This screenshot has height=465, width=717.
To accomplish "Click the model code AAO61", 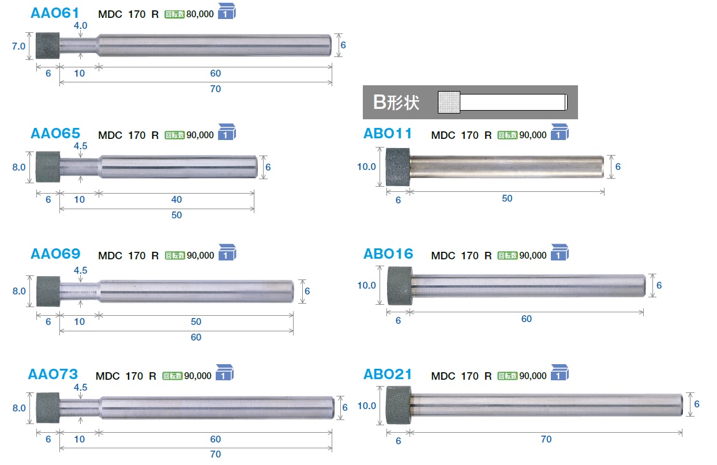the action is (x=55, y=13).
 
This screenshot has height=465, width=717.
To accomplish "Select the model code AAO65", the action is (x=55, y=133).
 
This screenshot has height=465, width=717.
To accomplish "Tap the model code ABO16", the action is (x=388, y=254).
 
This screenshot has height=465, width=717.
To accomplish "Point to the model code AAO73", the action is (x=53, y=374).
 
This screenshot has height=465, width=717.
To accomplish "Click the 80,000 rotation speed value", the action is (x=200, y=14).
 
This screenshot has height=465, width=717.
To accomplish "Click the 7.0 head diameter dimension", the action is (x=18, y=46).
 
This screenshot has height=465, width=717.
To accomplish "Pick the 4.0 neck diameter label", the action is (x=80, y=25).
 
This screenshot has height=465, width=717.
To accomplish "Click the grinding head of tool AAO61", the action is (x=48, y=46).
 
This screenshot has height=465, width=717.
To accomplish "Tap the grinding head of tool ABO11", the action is (x=398, y=167).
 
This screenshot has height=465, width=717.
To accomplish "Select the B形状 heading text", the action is (x=396, y=103).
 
